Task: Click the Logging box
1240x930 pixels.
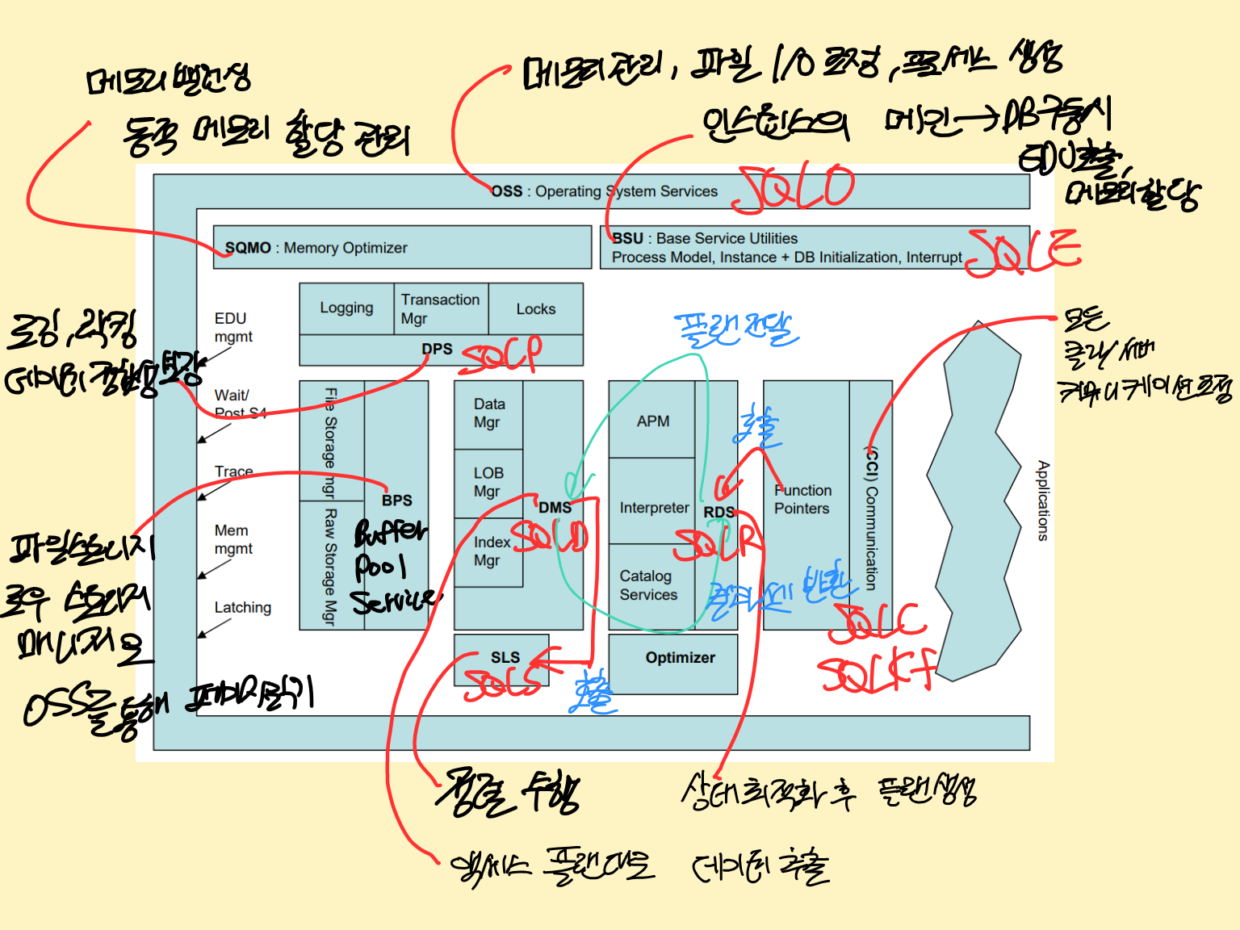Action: click(x=346, y=308)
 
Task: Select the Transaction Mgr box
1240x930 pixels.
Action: click(x=441, y=308)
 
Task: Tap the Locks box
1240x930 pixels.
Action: click(x=535, y=308)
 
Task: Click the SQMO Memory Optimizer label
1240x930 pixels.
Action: click(x=316, y=248)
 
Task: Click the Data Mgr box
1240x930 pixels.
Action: click(x=488, y=413)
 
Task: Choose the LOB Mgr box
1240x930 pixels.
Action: click(x=488, y=482)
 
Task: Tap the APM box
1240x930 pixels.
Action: click(x=652, y=421)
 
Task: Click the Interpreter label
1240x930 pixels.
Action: click(x=654, y=508)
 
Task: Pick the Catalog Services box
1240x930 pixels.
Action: click(x=649, y=585)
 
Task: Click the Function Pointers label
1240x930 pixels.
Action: click(x=802, y=500)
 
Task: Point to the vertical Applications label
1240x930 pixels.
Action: click(x=1043, y=501)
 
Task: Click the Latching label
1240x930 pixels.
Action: click(x=242, y=607)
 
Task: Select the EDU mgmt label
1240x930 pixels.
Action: click(x=233, y=327)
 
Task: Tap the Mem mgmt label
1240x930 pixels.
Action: click(x=233, y=539)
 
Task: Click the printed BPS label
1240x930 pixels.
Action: click(x=397, y=501)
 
